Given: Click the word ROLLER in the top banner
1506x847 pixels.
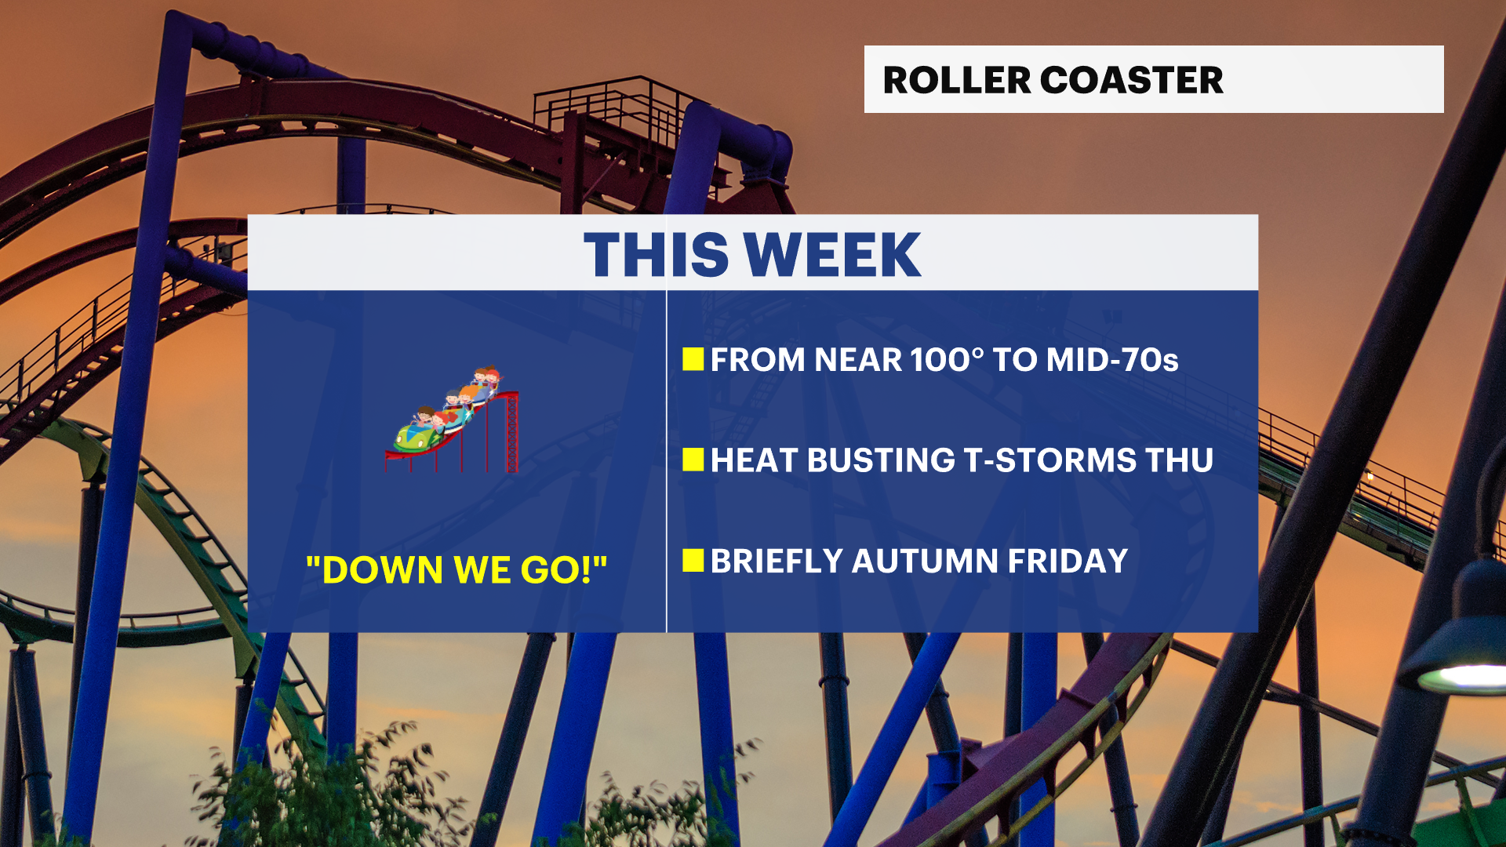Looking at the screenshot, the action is (x=956, y=80).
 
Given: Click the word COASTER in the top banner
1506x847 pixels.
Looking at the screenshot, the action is (x=1132, y=80).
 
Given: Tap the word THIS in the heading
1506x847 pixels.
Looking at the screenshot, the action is (x=657, y=255).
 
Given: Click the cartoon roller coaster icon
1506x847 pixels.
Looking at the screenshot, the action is (x=453, y=419).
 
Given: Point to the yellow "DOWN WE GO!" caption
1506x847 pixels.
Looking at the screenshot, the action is (x=457, y=569).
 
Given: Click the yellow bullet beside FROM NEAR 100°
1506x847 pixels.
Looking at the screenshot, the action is (x=693, y=359).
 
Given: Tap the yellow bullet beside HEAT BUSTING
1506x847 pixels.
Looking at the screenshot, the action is (x=693, y=460).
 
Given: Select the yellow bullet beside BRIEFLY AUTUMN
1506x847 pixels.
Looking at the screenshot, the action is (x=693, y=560).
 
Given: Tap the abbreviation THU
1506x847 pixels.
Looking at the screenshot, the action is (x=1180, y=460).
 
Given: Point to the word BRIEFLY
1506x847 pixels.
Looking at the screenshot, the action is (x=777, y=562).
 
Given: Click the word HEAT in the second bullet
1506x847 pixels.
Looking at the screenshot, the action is (x=754, y=460).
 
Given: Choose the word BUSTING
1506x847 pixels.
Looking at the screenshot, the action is (x=881, y=460).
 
